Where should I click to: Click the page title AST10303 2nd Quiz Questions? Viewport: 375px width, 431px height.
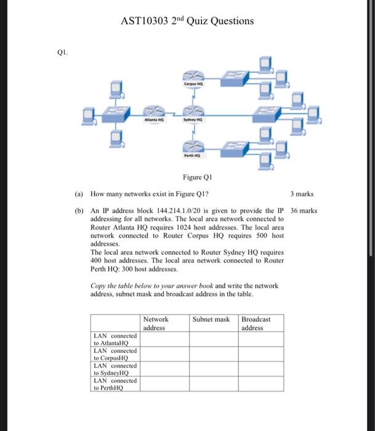click(x=187, y=21)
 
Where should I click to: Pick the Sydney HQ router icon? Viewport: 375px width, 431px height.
click(x=192, y=111)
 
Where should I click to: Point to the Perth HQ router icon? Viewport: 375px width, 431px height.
click(x=192, y=146)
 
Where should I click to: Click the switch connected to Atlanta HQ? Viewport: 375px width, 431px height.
click(x=115, y=113)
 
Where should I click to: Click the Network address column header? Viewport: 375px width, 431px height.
click(x=156, y=323)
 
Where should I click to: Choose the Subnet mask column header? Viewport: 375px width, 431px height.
click(x=211, y=320)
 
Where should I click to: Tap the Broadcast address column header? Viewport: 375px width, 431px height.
click(x=256, y=323)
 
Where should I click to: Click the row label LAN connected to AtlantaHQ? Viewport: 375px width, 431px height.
click(x=115, y=339)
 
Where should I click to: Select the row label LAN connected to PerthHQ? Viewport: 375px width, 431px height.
click(x=115, y=385)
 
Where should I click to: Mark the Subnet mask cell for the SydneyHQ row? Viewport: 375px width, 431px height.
click(x=213, y=369)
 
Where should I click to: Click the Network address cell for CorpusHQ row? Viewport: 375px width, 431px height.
click(x=164, y=354)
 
